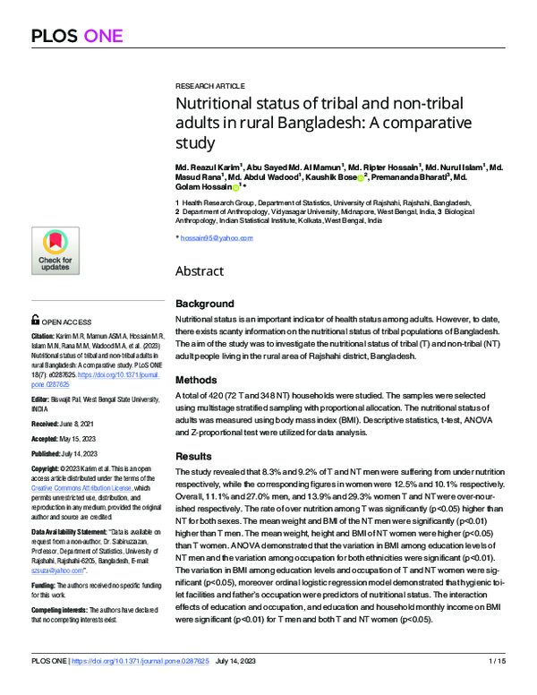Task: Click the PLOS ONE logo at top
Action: (81, 36)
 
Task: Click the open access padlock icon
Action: (35, 318)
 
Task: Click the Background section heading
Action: (204, 304)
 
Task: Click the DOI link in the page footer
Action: (144, 685)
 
